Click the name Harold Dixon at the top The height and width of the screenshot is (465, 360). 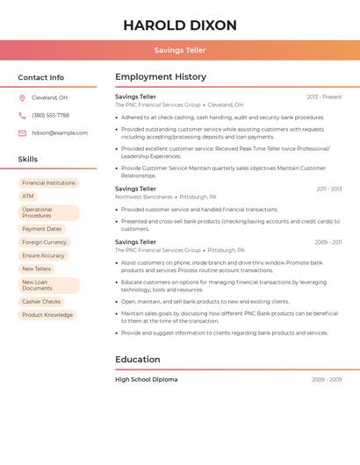tap(179, 25)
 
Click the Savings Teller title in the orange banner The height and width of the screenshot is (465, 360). tap(179, 51)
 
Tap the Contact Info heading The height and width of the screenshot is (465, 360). tap(40, 77)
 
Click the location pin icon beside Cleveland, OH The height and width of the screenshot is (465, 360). tap(22, 97)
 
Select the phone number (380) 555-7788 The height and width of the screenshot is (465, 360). tap(50, 115)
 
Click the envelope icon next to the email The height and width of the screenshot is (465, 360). tap(22, 133)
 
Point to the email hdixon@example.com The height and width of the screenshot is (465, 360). tap(60, 133)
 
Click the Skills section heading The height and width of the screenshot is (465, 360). tap(27, 160)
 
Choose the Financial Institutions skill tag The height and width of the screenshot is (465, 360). tap(48, 183)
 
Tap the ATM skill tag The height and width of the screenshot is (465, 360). tap(28, 197)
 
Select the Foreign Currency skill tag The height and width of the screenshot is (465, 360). tap(44, 242)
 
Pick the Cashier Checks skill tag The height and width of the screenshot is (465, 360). tap(41, 302)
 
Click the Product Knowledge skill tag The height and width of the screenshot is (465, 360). tap(47, 315)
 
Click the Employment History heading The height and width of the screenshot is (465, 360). tap(161, 77)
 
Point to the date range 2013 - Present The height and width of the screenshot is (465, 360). tap(324, 97)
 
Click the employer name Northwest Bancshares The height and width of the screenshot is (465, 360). tap(143, 197)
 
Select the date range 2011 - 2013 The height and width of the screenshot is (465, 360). tap(329, 189)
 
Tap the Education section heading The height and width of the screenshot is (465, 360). tap(138, 359)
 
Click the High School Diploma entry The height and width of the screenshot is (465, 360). tap(146, 380)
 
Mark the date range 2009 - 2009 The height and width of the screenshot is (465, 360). tap(327, 380)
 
